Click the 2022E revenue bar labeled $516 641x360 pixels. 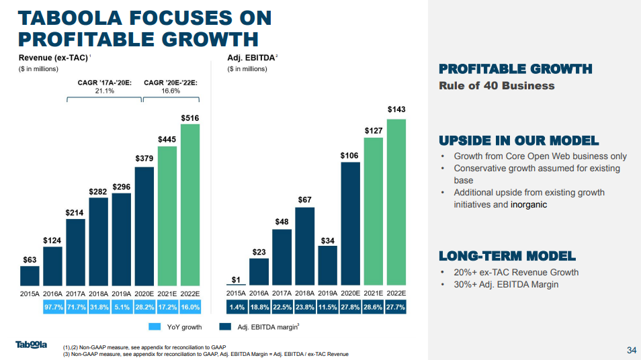point(190,205)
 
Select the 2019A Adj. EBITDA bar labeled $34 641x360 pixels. point(327,265)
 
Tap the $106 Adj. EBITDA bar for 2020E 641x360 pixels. point(350,224)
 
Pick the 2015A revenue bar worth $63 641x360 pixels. point(30,276)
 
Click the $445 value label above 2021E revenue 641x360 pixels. point(167,139)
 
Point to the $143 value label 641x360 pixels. point(396,109)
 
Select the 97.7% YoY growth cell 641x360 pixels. point(54,308)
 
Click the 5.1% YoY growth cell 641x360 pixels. point(122,308)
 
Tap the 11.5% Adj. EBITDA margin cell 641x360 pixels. point(327,308)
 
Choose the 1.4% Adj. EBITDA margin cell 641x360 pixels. point(237,308)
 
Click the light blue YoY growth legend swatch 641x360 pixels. point(155,327)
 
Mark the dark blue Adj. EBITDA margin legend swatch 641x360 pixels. point(225,327)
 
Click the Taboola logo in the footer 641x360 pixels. point(31,345)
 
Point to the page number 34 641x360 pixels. point(632,350)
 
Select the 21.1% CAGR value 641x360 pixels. point(105,91)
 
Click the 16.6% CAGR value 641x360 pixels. point(171,91)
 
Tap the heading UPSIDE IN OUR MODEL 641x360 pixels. point(519,141)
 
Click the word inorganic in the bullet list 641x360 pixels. point(529,204)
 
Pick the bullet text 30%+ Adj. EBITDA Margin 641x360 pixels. point(506,284)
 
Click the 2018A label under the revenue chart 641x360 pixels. point(99,294)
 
